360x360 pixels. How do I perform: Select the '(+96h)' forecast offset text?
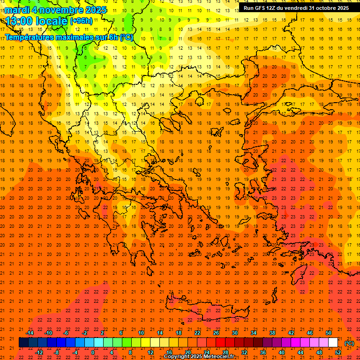tap(81, 21)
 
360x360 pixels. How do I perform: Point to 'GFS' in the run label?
tap(262, 8)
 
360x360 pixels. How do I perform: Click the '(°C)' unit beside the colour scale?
tap(349, 344)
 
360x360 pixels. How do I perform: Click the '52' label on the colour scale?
tap(338, 352)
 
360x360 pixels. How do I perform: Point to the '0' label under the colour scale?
tap(92, 352)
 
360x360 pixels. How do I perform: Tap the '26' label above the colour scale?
tap(216, 333)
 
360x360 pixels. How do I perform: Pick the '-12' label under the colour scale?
tap(39, 352)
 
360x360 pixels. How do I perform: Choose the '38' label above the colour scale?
tap(272, 333)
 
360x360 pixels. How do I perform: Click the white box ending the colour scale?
tap(333, 343)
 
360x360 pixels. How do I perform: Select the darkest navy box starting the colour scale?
tap(23, 343)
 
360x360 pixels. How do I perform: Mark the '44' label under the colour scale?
tap(300, 352)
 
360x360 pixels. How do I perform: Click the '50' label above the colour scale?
tap(329, 333)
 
